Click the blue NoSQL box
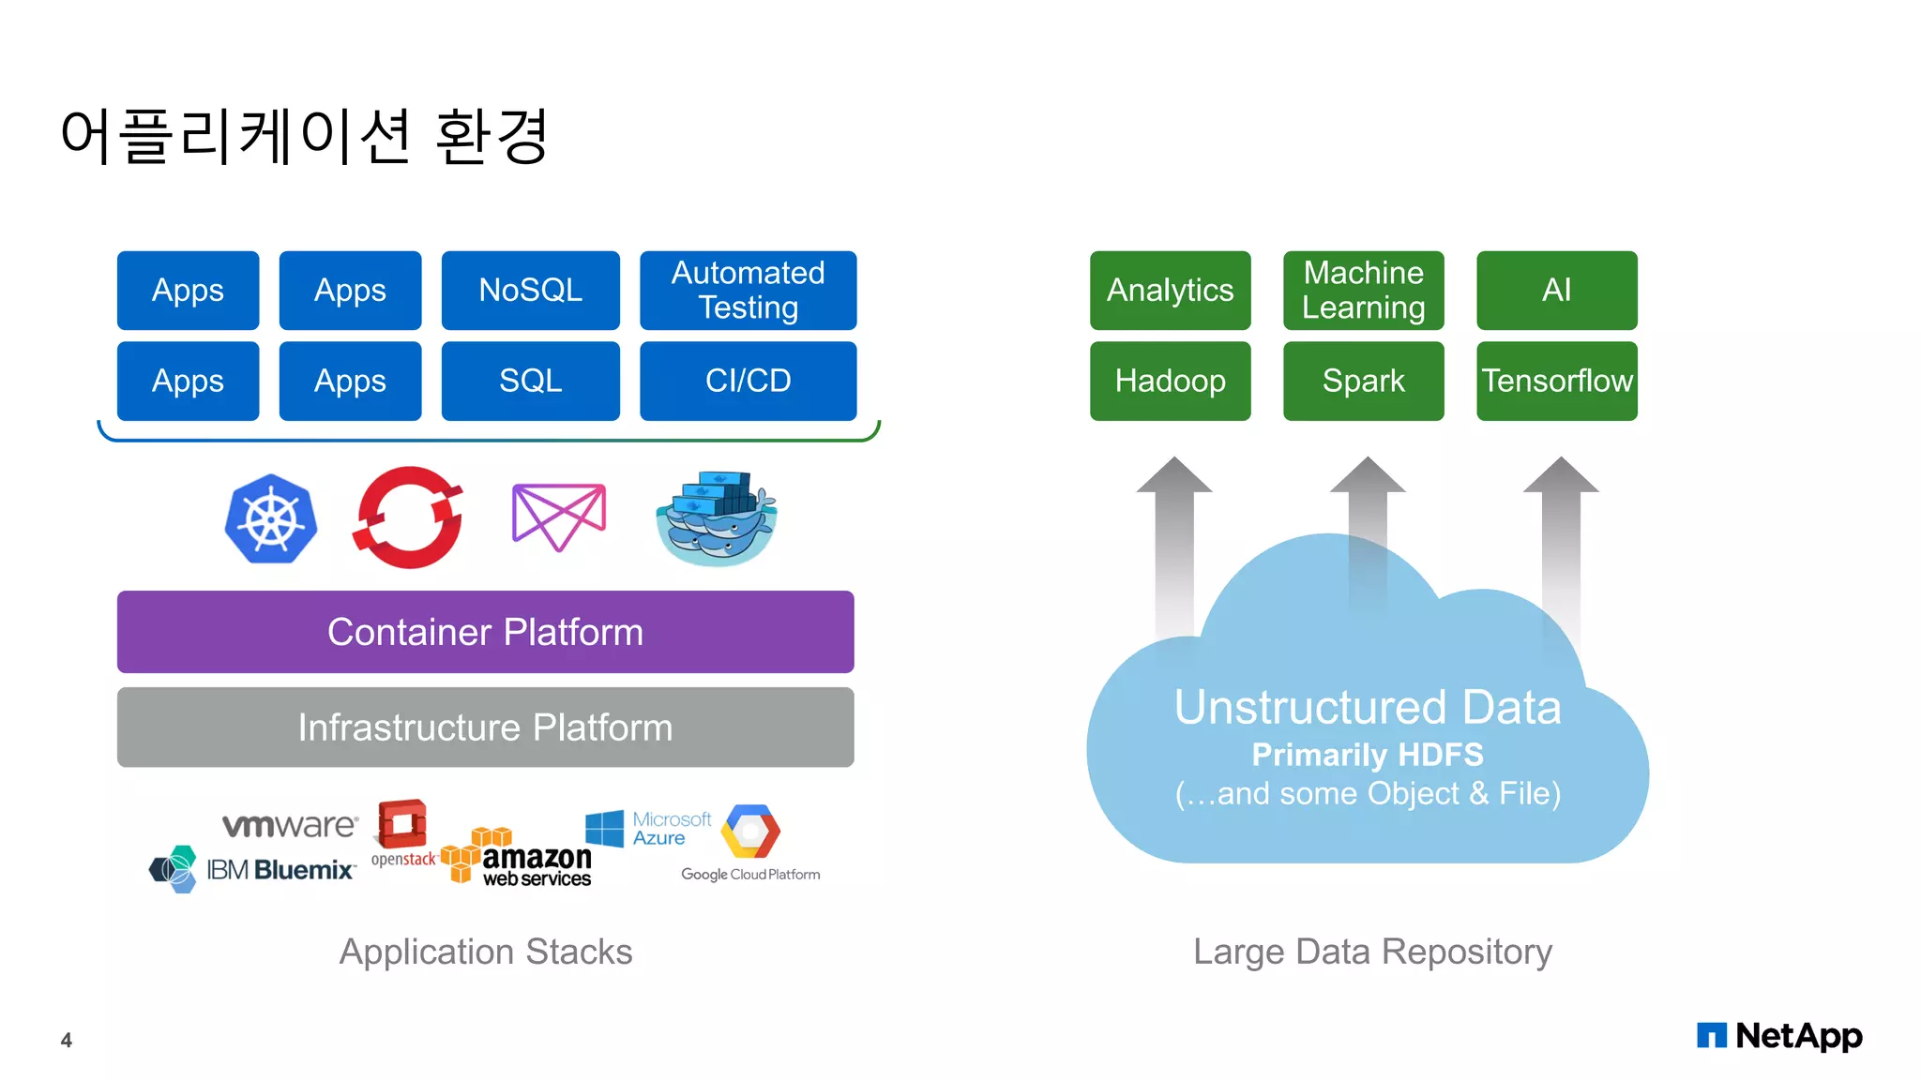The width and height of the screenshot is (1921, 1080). pyautogui.click(x=530, y=290)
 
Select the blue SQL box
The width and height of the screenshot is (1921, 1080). pyautogui.click(x=530, y=381)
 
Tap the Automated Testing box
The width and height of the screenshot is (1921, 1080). pyautogui.click(x=748, y=290)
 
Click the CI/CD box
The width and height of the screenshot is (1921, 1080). pyautogui.click(x=748, y=381)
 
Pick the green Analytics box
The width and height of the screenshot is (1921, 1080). pyautogui.click(x=1170, y=290)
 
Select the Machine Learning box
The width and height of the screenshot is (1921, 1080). pyautogui.click(x=1363, y=290)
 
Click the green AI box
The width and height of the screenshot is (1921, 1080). pyautogui.click(x=1556, y=290)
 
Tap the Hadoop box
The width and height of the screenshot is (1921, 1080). pyautogui.click(x=1170, y=381)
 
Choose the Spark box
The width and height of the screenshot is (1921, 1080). pyautogui.click(x=1363, y=381)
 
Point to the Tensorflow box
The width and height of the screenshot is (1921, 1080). pyautogui.click(x=1556, y=381)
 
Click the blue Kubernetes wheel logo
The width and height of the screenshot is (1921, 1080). pyautogui.click(x=271, y=518)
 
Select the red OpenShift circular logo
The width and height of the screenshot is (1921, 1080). pyautogui.click(x=408, y=517)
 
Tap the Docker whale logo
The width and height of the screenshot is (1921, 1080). pyautogui.click(x=717, y=518)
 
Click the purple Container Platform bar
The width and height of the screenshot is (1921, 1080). pyautogui.click(x=485, y=632)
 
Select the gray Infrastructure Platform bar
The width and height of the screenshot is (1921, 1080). pyautogui.click(x=485, y=727)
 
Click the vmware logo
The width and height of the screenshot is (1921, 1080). pyautogui.click(x=289, y=825)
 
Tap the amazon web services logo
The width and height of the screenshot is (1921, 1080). pyautogui.click(x=518, y=857)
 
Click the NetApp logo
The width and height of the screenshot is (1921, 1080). pyautogui.click(x=1778, y=1036)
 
